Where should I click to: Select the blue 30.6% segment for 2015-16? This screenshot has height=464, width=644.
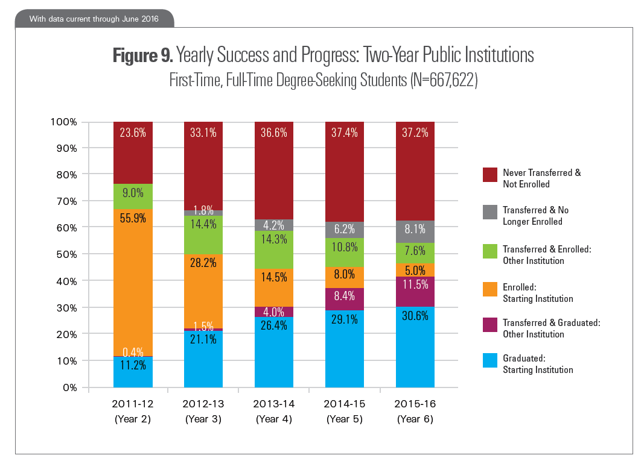(415, 347)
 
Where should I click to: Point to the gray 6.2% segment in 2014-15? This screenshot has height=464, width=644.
(345, 230)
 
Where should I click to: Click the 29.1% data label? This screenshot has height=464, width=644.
(345, 319)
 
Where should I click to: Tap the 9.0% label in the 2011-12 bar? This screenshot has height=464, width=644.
(133, 194)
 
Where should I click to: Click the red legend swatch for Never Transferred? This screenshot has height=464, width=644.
(489, 174)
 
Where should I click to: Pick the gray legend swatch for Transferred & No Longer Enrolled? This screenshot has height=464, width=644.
(489, 211)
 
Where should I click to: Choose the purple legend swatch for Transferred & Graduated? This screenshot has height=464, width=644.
(489, 324)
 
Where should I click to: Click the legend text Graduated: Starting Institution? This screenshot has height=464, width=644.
(537, 364)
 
